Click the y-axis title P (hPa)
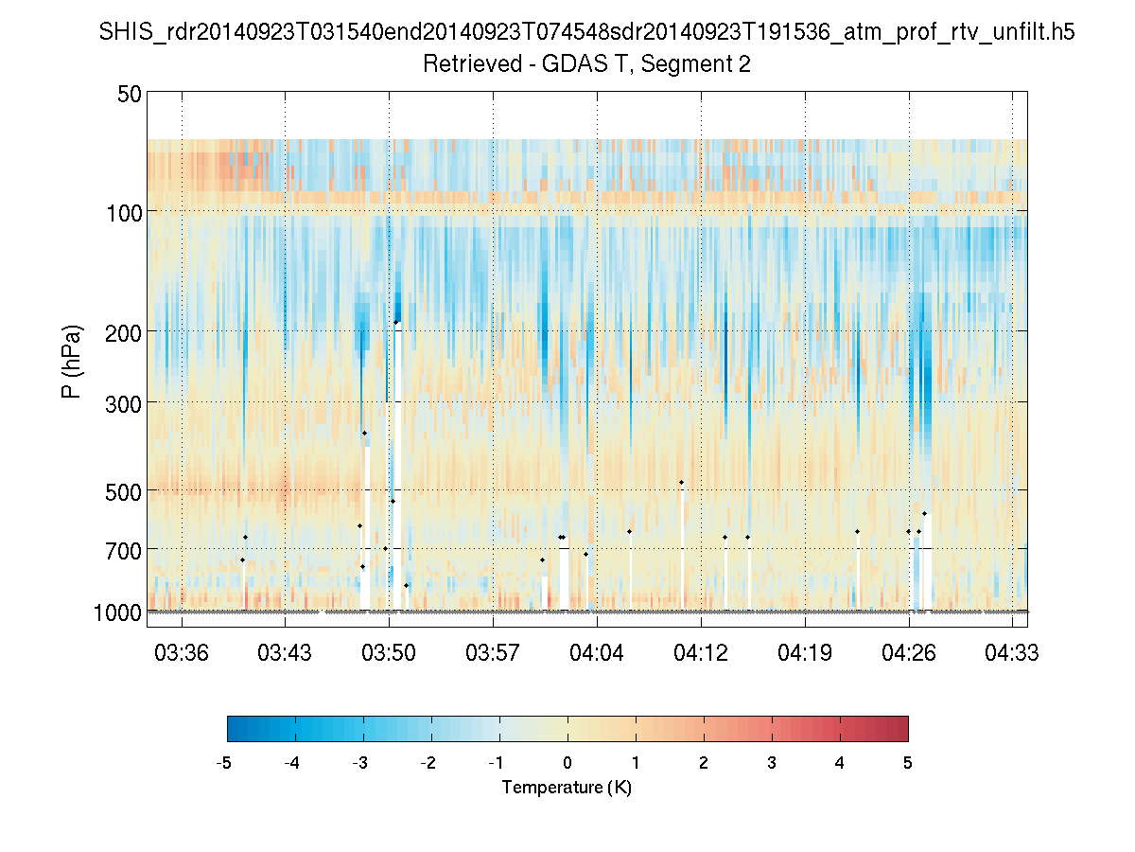pyautogui.click(x=72, y=362)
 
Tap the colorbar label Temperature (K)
pyautogui.click(x=567, y=788)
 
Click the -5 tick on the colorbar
pyautogui.click(x=225, y=763)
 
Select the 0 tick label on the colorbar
pyautogui.click(x=567, y=763)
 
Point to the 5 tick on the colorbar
pyautogui.click(x=908, y=763)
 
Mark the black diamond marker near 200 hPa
pyautogui.click(x=396, y=322)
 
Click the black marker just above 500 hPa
pyautogui.click(x=681, y=483)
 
